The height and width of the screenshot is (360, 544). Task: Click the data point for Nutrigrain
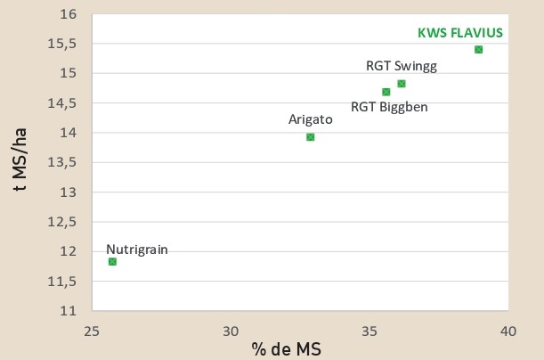coord(112,261)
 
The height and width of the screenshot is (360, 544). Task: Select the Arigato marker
coord(310,136)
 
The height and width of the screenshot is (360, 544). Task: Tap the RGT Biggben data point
coord(386,91)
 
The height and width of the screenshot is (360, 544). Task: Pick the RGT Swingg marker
coord(401,84)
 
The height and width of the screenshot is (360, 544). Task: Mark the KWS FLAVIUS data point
coord(478,49)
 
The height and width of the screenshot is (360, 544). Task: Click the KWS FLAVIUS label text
coord(460,33)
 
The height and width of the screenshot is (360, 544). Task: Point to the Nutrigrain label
coord(136,249)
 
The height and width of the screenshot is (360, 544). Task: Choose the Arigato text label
coord(310,119)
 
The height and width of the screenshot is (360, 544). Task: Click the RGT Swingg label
coord(402,65)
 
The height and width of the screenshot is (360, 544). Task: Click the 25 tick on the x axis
coord(91,330)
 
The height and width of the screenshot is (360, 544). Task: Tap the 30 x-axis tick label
coord(230,330)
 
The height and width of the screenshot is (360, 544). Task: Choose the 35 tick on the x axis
coord(369,330)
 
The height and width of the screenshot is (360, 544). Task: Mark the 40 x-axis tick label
coord(508,330)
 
